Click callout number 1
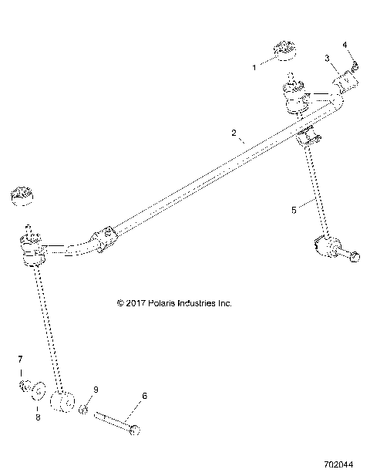pyautogui.click(x=255, y=68)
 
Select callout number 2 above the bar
pyautogui.click(x=234, y=132)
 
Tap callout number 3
pyautogui.click(x=327, y=58)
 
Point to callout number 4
pyautogui.click(x=345, y=44)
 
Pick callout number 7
pyautogui.click(x=21, y=360)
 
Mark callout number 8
pyautogui.click(x=36, y=417)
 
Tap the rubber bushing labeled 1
pyautogui.click(x=287, y=51)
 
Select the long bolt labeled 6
pyautogui.click(x=116, y=421)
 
